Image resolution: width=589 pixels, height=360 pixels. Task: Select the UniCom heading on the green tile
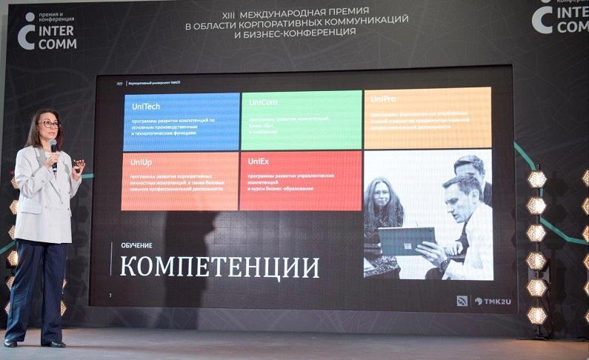point(263,102)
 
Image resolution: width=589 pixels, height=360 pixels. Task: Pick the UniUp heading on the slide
point(141,161)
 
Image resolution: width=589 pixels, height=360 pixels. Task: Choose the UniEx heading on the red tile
point(259,161)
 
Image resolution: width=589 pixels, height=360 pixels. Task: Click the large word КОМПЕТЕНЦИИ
point(220,266)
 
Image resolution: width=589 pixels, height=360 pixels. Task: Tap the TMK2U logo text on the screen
point(488,301)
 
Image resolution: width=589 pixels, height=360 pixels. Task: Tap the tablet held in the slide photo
point(406,241)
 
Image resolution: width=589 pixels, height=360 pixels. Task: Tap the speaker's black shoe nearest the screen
point(54,343)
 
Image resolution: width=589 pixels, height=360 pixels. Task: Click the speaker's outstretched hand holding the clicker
point(77,164)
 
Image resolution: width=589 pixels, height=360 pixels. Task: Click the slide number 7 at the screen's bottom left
point(110,295)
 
